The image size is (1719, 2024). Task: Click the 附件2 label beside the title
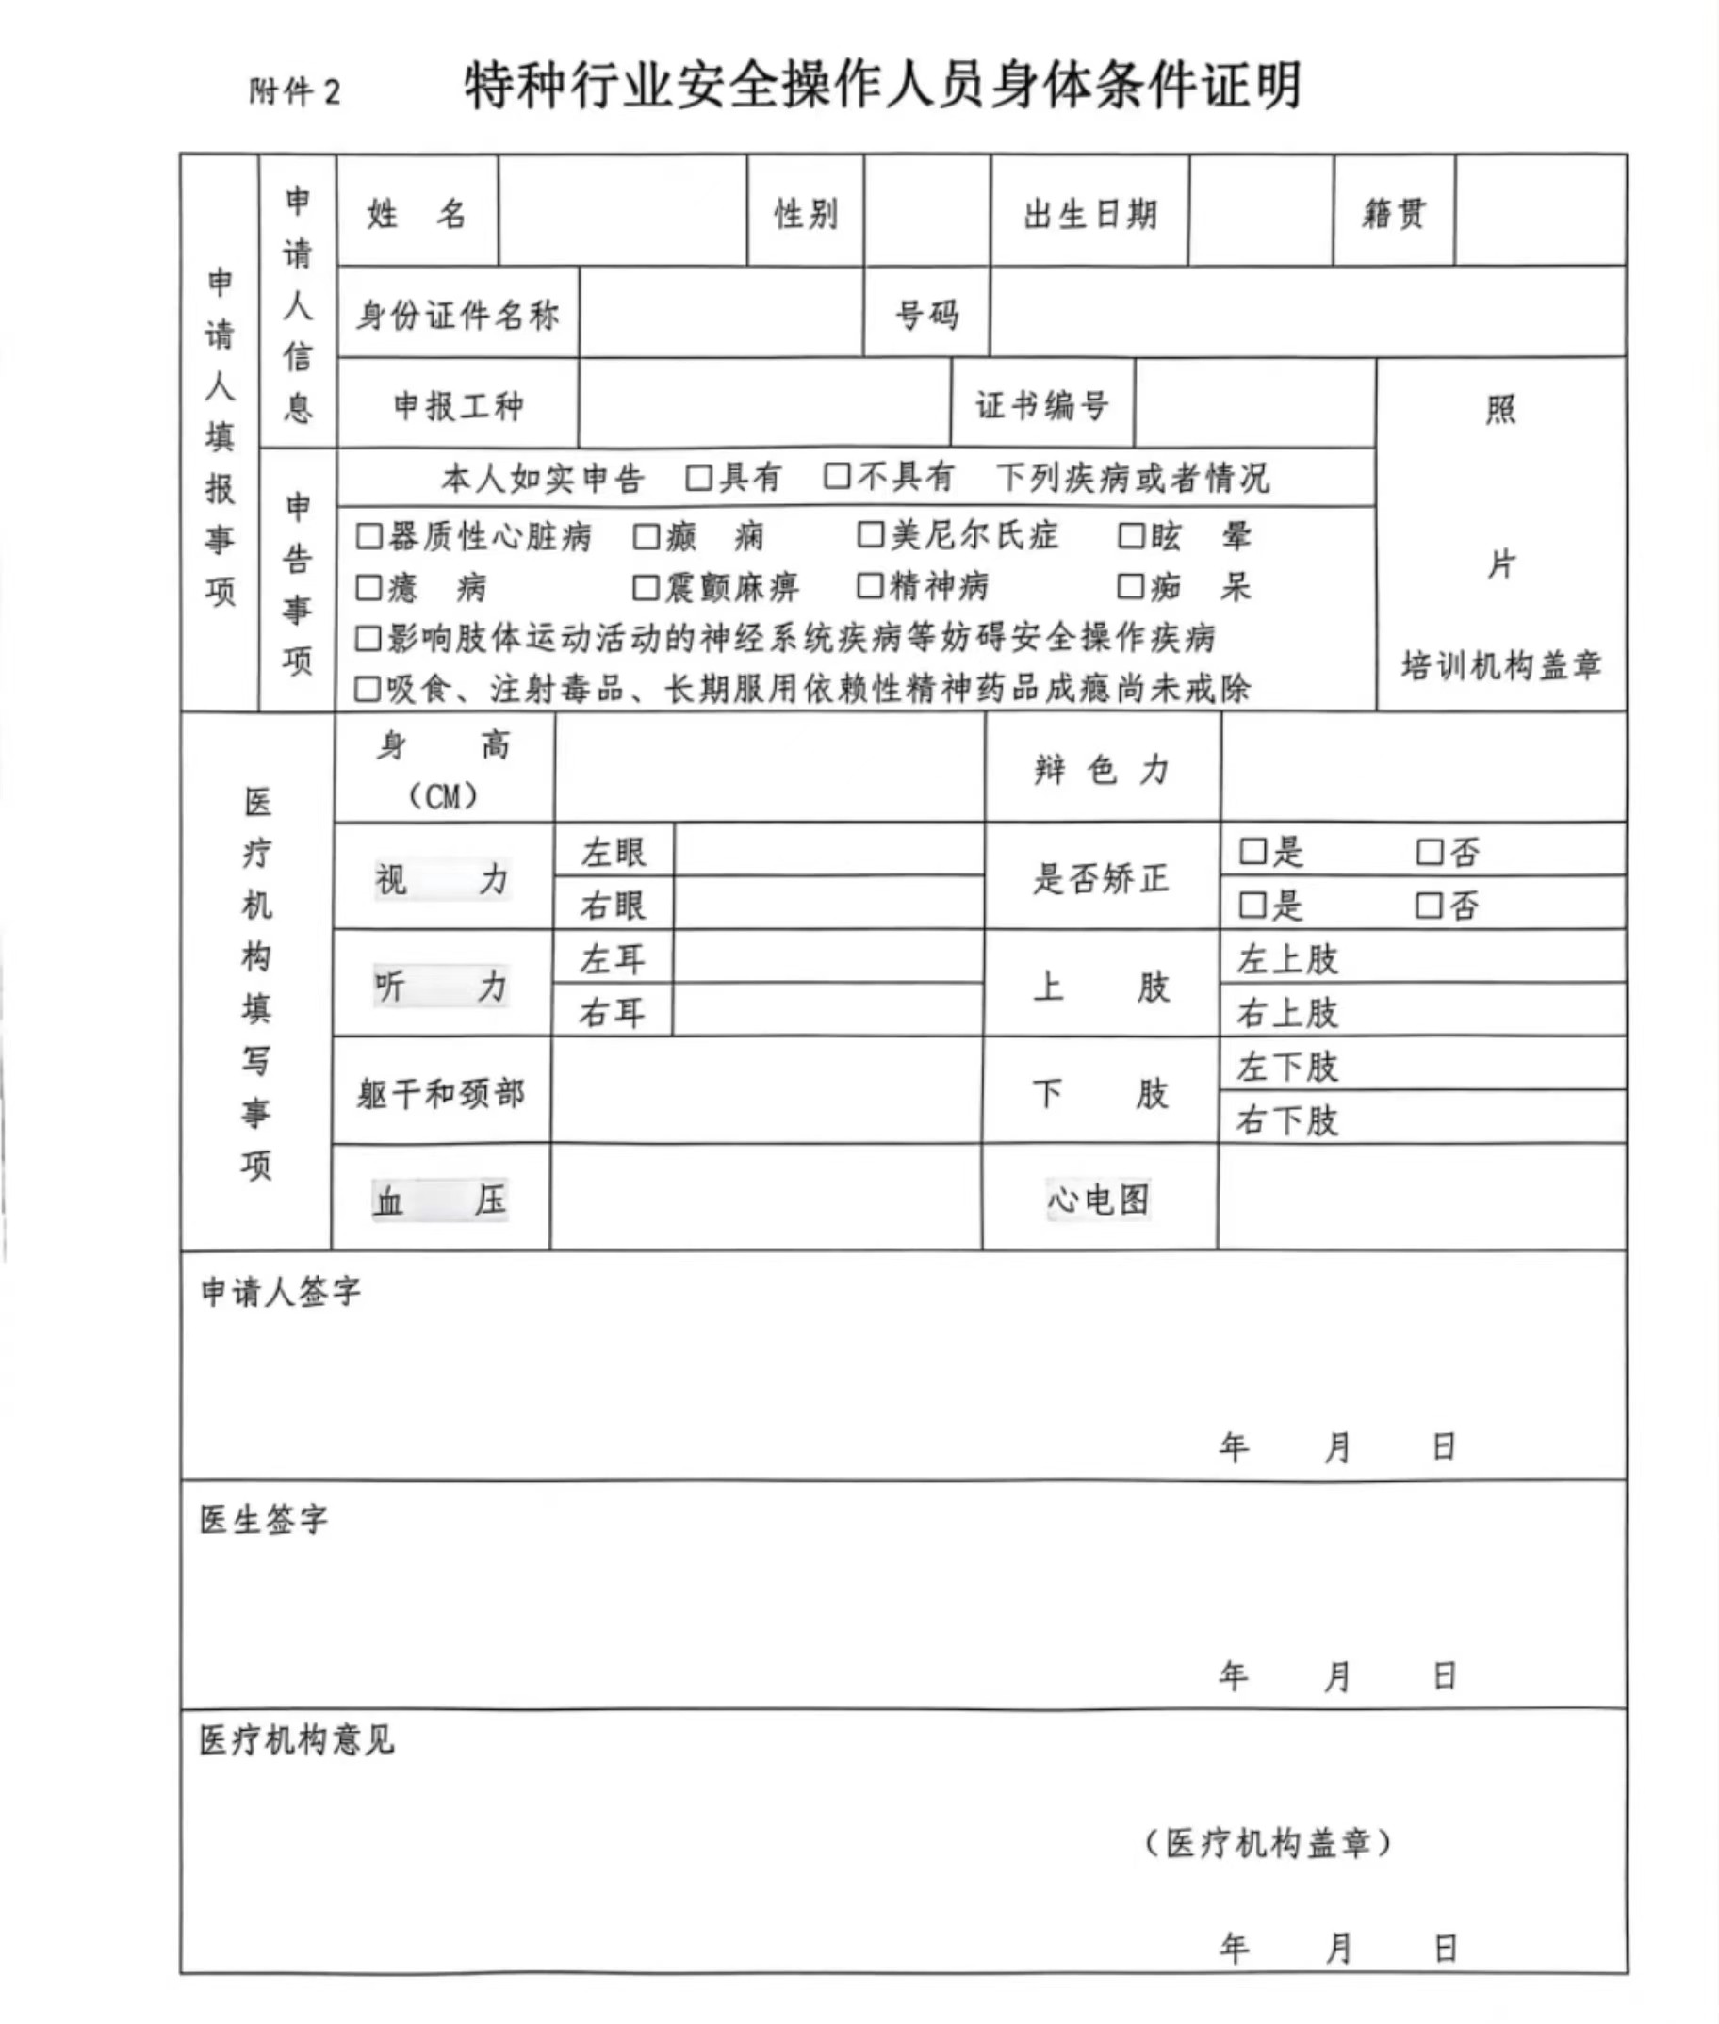pyautogui.click(x=294, y=92)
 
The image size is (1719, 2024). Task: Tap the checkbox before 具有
pyautogui.click(x=698, y=478)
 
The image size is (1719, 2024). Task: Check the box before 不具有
pyautogui.click(x=837, y=477)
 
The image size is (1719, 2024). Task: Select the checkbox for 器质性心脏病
pyautogui.click(x=368, y=536)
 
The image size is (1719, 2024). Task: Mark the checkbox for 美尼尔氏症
pyautogui.click(x=870, y=534)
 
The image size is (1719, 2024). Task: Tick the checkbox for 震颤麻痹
pyautogui.click(x=646, y=588)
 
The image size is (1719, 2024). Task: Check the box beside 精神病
pyautogui.click(x=870, y=586)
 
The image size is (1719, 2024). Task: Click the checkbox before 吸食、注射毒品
pyautogui.click(x=368, y=689)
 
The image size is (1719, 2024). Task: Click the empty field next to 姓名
pyautogui.click(x=622, y=211)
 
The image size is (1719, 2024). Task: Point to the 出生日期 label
pyautogui.click(x=1089, y=213)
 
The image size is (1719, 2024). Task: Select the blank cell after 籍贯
pyautogui.click(x=1540, y=211)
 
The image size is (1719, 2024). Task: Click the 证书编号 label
pyautogui.click(x=1041, y=405)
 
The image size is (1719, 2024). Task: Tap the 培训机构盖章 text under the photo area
pyautogui.click(x=1500, y=665)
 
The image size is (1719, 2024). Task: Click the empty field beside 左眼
pyautogui.click(x=828, y=851)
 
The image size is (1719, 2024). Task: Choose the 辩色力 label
pyautogui.click(x=1101, y=770)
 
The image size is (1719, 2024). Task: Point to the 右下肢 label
pyautogui.click(x=1287, y=1119)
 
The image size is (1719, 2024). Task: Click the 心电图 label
pyautogui.click(x=1098, y=1199)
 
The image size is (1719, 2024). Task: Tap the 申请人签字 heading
pyautogui.click(x=281, y=1292)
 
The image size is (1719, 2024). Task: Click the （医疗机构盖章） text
pyautogui.click(x=1268, y=1843)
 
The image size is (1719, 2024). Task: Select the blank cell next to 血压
pyautogui.click(x=765, y=1198)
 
